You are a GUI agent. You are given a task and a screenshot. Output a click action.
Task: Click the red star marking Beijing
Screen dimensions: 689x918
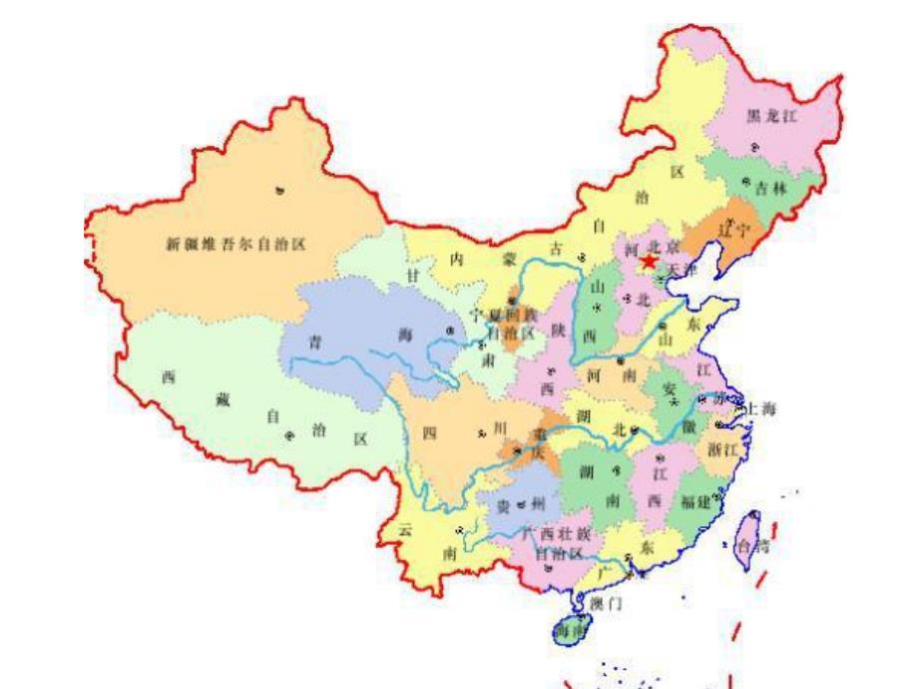649,261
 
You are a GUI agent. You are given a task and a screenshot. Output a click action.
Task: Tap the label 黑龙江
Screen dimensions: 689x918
773,118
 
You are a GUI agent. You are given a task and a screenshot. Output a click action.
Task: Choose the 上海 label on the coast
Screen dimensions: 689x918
761,408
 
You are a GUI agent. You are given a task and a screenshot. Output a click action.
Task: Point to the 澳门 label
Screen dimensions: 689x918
606,604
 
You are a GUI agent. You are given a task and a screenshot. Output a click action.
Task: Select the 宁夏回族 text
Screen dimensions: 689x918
505,314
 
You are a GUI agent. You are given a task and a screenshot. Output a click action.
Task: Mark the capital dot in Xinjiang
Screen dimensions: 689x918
280,190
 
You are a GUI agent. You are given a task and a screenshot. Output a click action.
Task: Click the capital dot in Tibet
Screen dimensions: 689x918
290,435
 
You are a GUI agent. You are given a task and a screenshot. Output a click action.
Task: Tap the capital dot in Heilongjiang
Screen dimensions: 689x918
750,148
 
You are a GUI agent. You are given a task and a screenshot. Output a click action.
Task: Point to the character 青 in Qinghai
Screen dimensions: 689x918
315,340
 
